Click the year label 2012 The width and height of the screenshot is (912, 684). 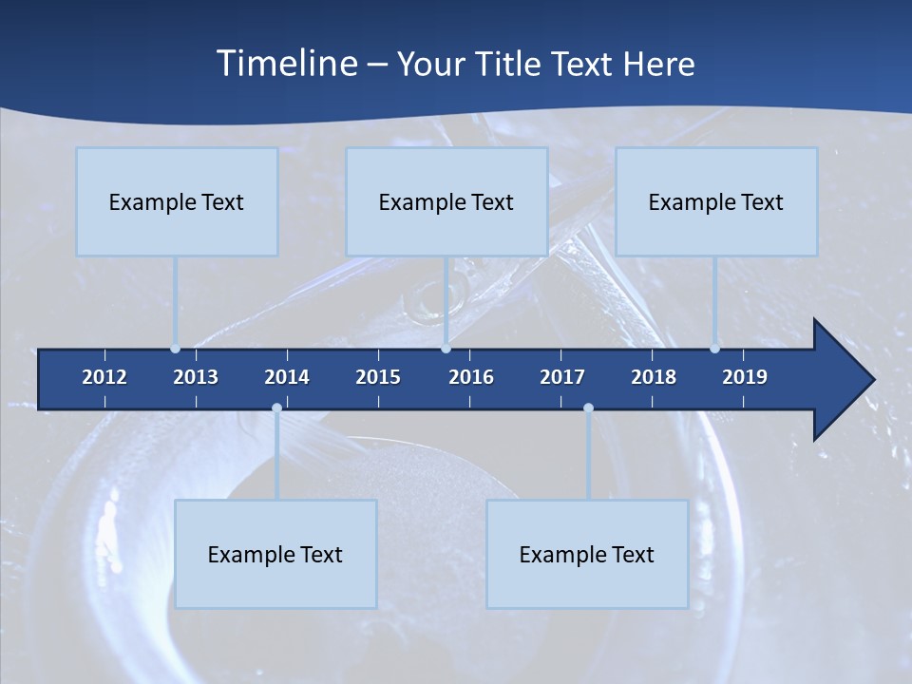pyautogui.click(x=104, y=377)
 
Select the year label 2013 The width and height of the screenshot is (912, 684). pyautogui.click(x=196, y=377)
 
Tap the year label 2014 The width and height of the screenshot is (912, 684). pyautogui.click(x=287, y=377)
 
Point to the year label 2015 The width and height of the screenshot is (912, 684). pyautogui.click(x=378, y=377)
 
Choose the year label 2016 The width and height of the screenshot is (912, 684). pyautogui.click(x=471, y=377)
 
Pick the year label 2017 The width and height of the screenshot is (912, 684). pyautogui.click(x=562, y=377)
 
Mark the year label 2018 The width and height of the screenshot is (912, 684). pyautogui.click(x=654, y=377)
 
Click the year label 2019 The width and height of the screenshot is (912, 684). pyautogui.click(x=745, y=377)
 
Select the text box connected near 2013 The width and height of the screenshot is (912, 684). pyautogui.click(x=177, y=201)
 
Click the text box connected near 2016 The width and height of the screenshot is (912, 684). pyautogui.click(x=446, y=201)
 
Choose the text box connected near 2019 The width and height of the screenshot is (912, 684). pyautogui.click(x=716, y=201)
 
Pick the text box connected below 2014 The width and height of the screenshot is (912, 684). pyautogui.click(x=275, y=554)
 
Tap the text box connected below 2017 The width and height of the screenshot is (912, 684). pyautogui.click(x=587, y=554)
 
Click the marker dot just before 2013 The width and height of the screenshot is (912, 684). pyautogui.click(x=175, y=349)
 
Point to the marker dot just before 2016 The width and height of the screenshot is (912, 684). pyautogui.click(x=446, y=349)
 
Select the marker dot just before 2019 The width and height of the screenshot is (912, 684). pyautogui.click(x=714, y=349)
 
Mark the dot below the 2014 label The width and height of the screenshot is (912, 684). pyautogui.click(x=276, y=408)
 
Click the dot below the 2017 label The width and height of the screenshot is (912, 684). pyautogui.click(x=588, y=408)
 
